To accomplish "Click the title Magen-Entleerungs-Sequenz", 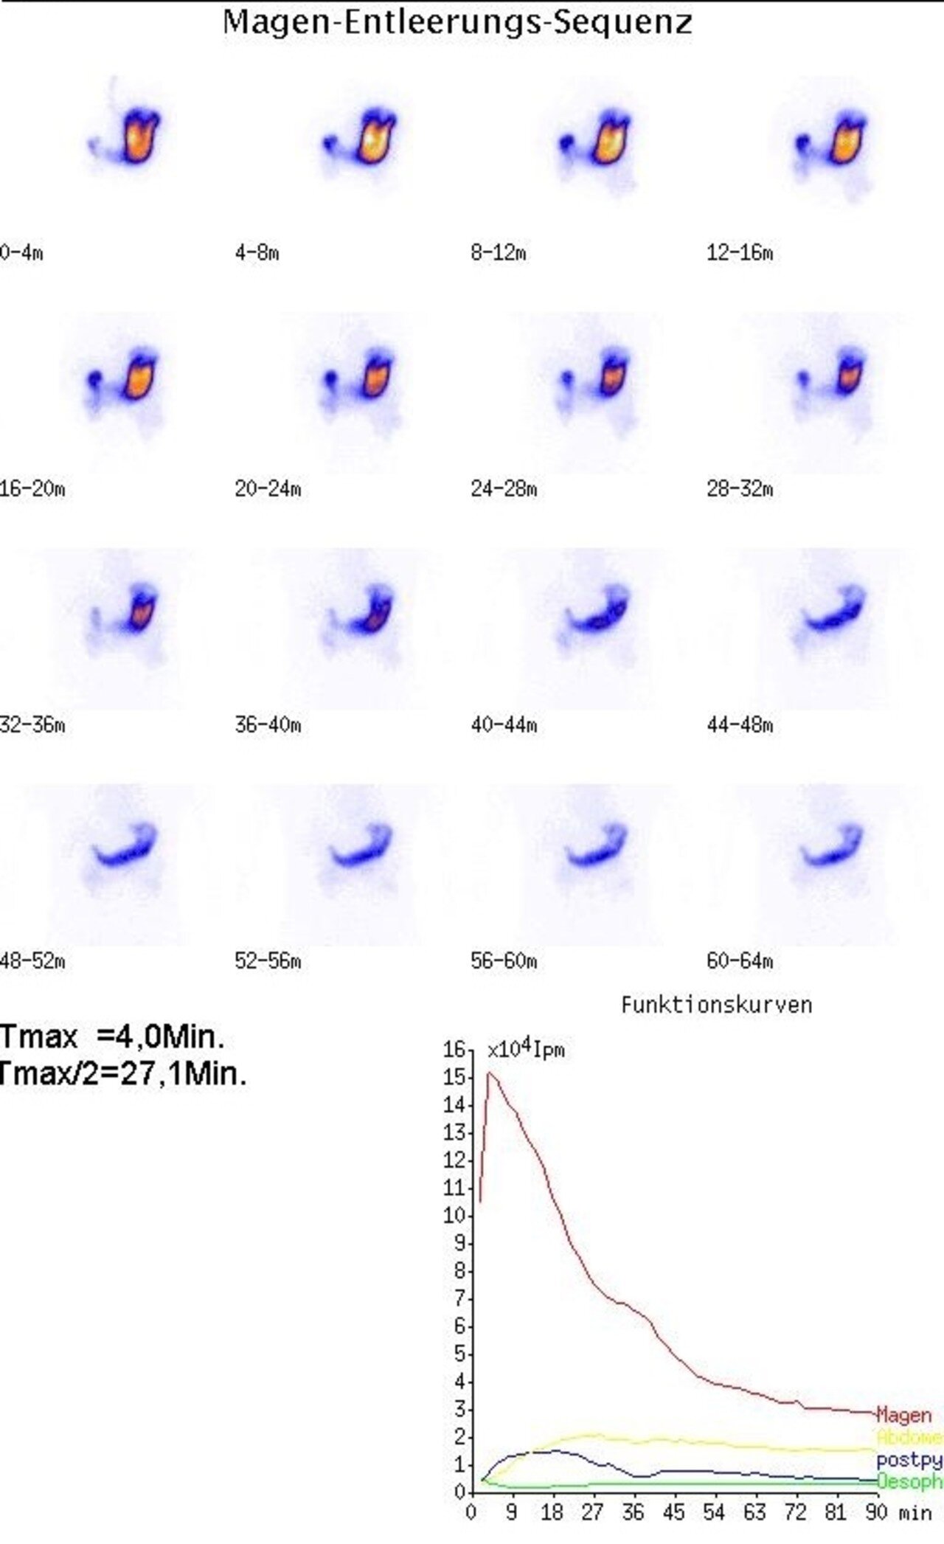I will tap(457, 22).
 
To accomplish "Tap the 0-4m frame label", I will tap(21, 253).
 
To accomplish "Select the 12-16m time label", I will tap(739, 253).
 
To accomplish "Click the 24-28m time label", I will tap(504, 489).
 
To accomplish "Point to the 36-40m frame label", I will tap(268, 725).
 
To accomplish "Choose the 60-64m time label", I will tap(739, 961).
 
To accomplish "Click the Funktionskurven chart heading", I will tap(716, 1005).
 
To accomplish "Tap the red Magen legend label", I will tap(903, 1415).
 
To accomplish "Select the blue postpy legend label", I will tap(909, 1460).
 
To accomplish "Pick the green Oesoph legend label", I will tap(909, 1481).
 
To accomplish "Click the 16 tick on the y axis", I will tap(454, 1049).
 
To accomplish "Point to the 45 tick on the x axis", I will tap(673, 1513).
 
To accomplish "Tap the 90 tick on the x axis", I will tap(876, 1513).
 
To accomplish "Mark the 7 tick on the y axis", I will tap(459, 1298).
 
